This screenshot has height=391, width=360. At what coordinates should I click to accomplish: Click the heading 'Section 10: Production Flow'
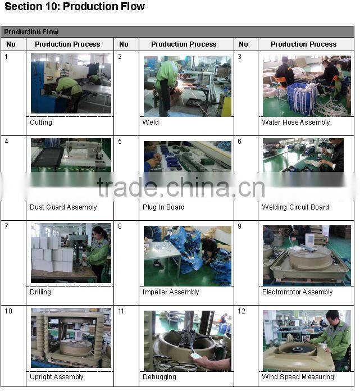pyautogui.click(x=75, y=6)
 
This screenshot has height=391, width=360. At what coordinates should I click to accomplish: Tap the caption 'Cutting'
pyautogui.click(x=41, y=122)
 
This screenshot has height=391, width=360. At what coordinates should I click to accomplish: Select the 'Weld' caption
pyautogui.click(x=151, y=122)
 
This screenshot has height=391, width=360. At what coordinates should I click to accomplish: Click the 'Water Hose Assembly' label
pyautogui.click(x=295, y=122)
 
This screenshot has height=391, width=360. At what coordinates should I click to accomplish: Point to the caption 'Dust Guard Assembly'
pyautogui.click(x=63, y=207)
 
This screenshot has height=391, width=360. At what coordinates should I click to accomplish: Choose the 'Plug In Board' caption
pyautogui.click(x=163, y=207)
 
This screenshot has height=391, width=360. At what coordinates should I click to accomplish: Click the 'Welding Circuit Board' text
pyautogui.click(x=295, y=207)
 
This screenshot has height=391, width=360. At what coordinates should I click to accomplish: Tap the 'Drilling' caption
pyautogui.click(x=40, y=292)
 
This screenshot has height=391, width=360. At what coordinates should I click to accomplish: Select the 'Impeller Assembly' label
pyautogui.click(x=171, y=292)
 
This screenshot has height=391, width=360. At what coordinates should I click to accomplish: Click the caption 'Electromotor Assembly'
pyautogui.click(x=298, y=292)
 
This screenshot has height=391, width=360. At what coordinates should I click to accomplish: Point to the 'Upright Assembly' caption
pyautogui.click(x=56, y=377)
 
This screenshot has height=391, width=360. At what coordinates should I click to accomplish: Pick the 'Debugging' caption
pyautogui.click(x=160, y=377)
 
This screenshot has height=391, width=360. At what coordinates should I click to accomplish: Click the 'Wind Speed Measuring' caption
pyautogui.click(x=298, y=377)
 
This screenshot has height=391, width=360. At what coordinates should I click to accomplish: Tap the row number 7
pyautogui.click(x=6, y=226)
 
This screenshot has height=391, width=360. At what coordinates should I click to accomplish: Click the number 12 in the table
pyautogui.click(x=241, y=311)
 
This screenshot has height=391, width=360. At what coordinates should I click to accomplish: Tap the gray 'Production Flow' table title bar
pyautogui.click(x=177, y=32)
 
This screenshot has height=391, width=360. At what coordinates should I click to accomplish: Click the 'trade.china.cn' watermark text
pyautogui.click(x=181, y=188)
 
